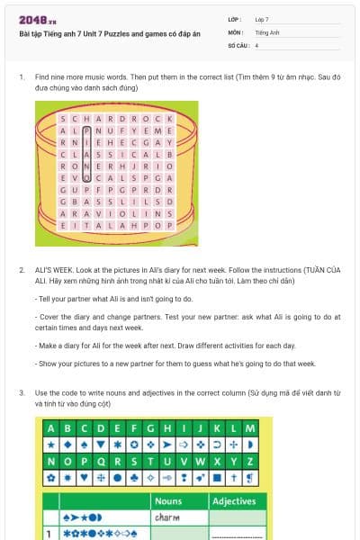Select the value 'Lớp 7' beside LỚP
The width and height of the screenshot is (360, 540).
262,19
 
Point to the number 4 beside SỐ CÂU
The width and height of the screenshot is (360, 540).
256,45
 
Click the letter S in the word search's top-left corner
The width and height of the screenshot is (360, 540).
62,118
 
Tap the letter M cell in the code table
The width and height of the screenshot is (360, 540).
250,427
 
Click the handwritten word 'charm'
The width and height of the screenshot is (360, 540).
167,517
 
